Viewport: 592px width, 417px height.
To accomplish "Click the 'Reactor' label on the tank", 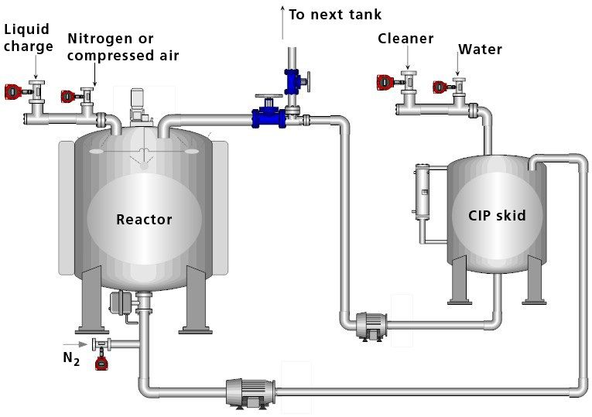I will pos(144,220).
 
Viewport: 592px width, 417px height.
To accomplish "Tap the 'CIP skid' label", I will pos(497,215).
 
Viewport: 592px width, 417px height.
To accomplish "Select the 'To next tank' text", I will pos(335,15).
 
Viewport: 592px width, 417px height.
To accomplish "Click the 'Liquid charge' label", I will pos(29,37).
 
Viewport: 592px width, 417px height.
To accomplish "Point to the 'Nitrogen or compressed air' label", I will pos(122,46).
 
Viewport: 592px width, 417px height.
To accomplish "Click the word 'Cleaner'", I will pos(406,39).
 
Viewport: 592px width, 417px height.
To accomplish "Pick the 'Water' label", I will pos(480,50).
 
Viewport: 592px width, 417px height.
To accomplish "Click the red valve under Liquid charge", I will pos(12,91).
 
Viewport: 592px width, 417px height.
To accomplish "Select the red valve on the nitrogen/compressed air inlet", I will pos(68,96).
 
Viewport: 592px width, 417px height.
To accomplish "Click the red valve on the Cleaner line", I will pos(385,80).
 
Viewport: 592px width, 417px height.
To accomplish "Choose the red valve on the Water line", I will pos(440,87).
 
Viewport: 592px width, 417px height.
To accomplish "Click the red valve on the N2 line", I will pos(101,362).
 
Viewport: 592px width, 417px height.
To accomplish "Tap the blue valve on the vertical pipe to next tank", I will pos(294,80).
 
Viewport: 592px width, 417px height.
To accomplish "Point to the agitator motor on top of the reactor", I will pos(140,104).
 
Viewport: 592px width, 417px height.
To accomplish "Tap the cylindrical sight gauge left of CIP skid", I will pos(422,190).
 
